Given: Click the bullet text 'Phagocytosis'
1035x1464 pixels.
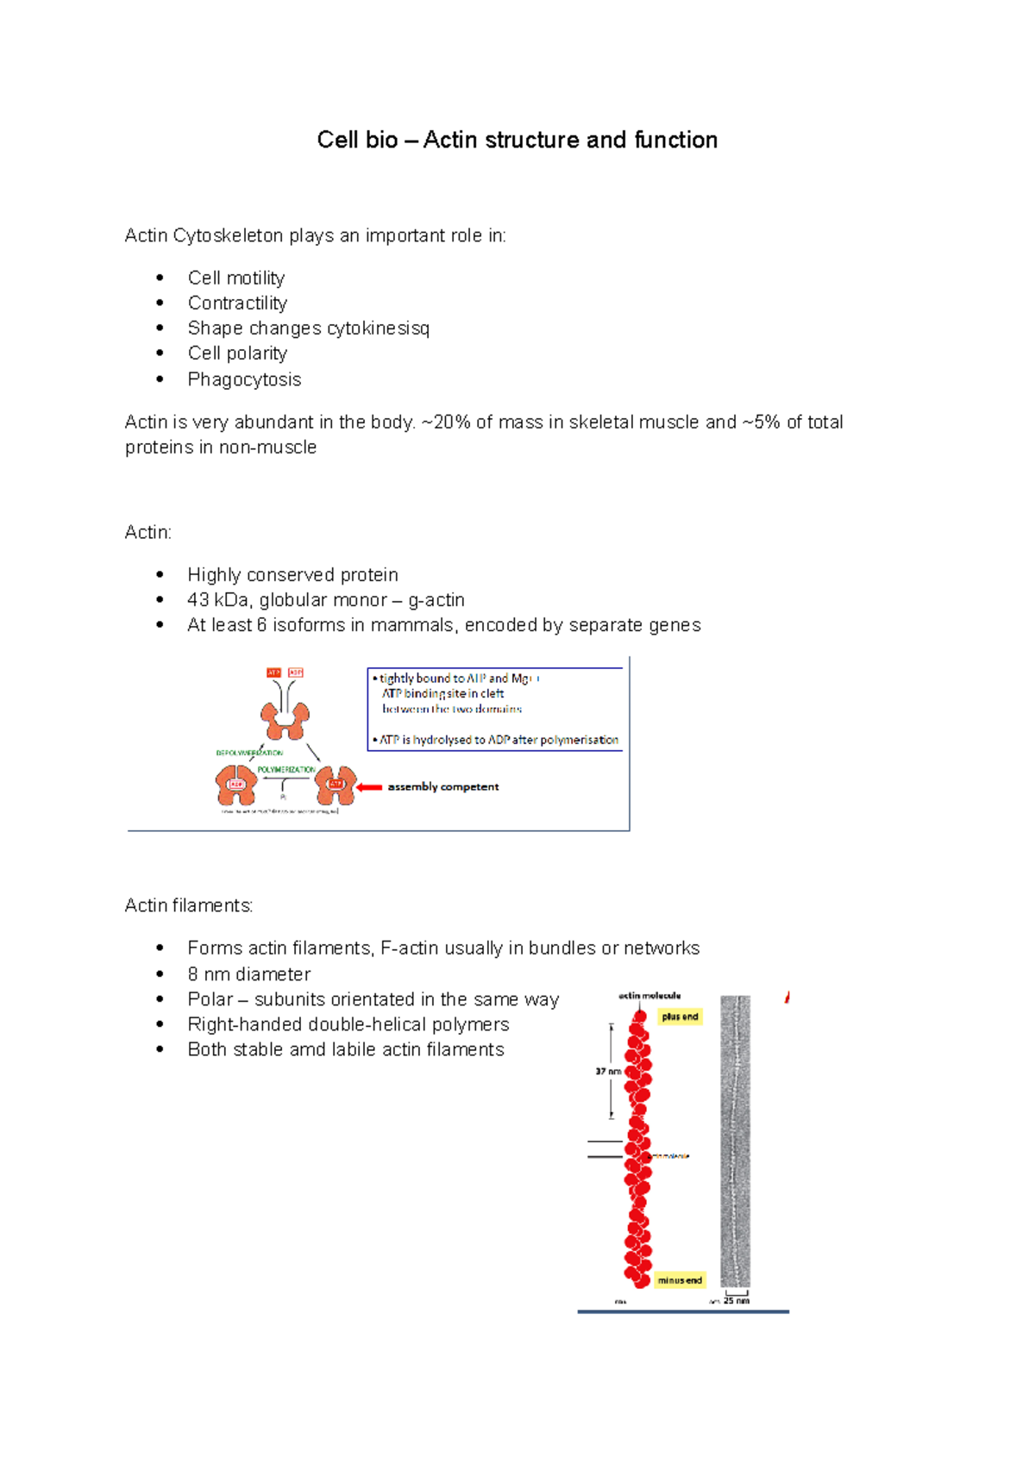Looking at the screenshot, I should point(244,379).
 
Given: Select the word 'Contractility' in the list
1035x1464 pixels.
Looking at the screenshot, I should point(237,303).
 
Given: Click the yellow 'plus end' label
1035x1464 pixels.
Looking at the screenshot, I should point(680,1017).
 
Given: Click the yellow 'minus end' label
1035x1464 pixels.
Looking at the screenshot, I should point(680,1280).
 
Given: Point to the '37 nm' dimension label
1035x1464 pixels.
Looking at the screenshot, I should point(607,1072).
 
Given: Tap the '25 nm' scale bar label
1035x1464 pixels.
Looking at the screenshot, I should point(736,1300).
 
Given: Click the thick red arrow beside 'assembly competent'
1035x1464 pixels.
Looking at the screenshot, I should point(369,786).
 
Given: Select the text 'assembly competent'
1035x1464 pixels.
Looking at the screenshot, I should point(443,786).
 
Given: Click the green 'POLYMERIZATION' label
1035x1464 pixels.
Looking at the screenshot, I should point(286,769).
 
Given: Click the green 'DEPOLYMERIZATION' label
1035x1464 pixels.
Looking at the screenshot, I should point(249,753).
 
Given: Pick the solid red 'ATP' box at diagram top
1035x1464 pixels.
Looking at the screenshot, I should point(273,673).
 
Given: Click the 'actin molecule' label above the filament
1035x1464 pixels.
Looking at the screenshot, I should point(649,996).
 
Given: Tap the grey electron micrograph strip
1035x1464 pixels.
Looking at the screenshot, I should point(735,1138).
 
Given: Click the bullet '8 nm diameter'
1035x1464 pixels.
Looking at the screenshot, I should point(248,974).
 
